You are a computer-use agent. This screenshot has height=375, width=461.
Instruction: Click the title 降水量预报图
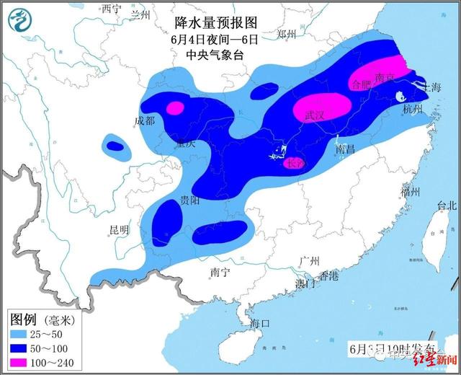click(210, 25)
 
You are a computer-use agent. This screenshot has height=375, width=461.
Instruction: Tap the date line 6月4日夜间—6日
click(210, 40)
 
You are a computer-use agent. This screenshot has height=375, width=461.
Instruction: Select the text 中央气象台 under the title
click(210, 56)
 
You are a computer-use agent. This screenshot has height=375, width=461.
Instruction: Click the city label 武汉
click(315, 116)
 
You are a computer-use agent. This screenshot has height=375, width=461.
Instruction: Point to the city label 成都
click(144, 121)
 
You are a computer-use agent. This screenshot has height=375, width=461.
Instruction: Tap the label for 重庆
click(185, 144)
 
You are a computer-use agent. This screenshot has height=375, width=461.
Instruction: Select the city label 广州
click(311, 261)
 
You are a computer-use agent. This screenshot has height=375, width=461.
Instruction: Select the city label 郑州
click(287, 33)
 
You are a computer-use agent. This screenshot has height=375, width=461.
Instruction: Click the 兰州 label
click(140, 14)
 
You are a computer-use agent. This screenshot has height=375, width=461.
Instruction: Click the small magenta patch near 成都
click(174, 109)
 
